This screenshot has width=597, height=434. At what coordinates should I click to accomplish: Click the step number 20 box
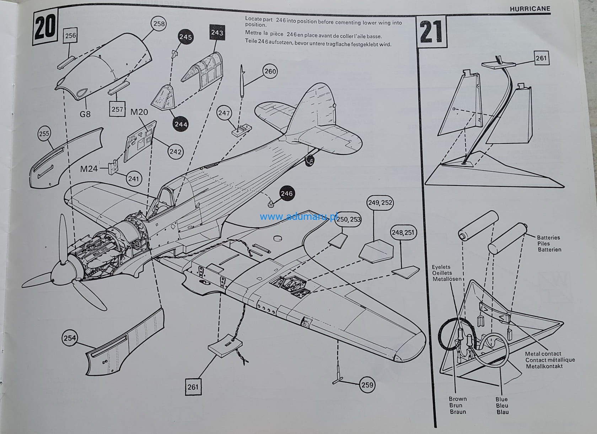[x=45, y=28]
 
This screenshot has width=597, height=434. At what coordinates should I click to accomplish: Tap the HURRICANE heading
[x=530, y=9]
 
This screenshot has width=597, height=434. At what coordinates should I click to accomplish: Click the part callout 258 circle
[x=159, y=24]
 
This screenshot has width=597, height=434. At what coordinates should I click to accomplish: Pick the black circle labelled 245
[x=185, y=37]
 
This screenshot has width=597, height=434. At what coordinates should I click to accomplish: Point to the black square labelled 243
[x=217, y=33]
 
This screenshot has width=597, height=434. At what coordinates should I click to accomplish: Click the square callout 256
[x=70, y=36]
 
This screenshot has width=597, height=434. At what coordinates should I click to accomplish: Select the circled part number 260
[x=270, y=71]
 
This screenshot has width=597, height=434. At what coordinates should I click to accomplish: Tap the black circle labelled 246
[x=286, y=194]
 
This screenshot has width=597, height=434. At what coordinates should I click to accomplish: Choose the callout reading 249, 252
[x=380, y=203]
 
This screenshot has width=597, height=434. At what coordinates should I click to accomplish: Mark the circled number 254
[x=70, y=338]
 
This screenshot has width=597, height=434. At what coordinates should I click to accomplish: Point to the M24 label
[x=88, y=169]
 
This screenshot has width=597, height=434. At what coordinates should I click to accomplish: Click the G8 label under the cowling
[x=85, y=114]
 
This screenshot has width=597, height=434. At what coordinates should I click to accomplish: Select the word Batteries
[x=548, y=238]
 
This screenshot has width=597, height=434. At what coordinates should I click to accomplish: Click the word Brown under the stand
[x=458, y=399]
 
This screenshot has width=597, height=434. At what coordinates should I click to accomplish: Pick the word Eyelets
[x=441, y=267]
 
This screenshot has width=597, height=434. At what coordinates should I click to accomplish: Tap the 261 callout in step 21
[x=541, y=58]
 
